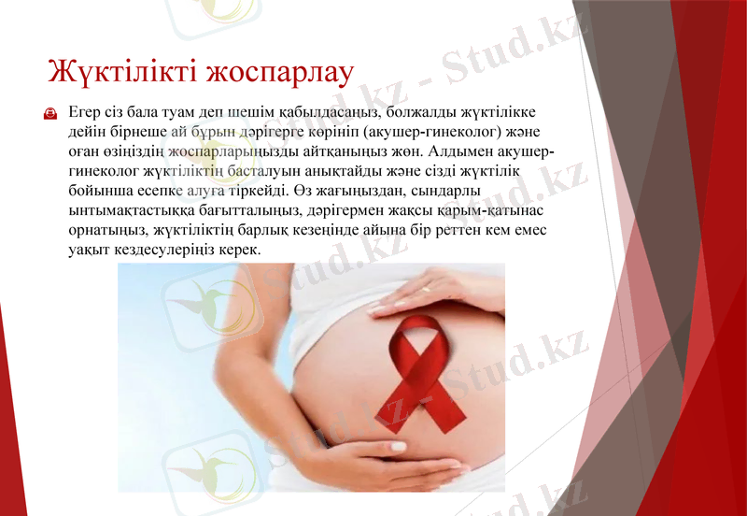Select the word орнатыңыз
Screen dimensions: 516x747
[104, 230]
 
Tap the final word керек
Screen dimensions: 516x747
[238, 250]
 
